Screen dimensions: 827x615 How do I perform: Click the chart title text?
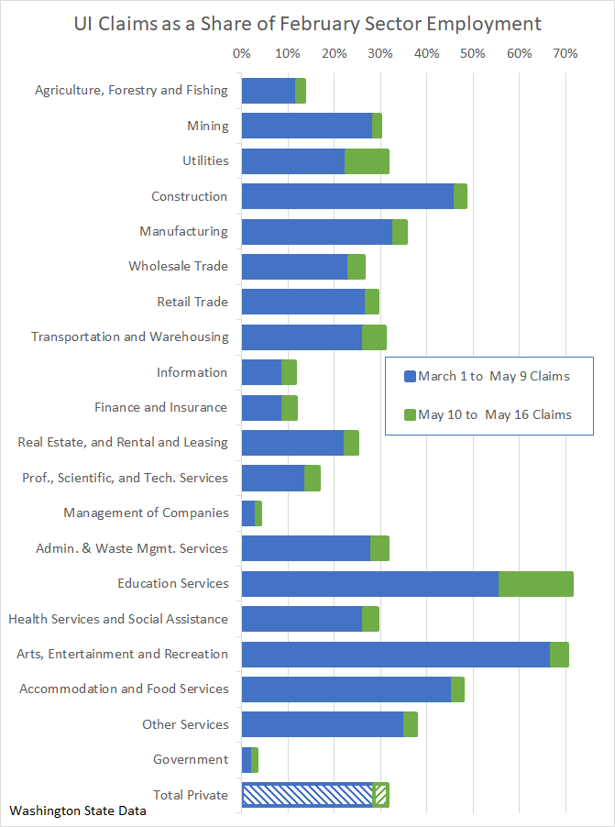click(x=307, y=23)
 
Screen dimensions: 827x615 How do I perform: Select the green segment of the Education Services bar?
click(x=536, y=584)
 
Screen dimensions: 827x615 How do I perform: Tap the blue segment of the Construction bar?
click(x=347, y=196)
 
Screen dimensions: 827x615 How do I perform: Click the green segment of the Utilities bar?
click(x=367, y=161)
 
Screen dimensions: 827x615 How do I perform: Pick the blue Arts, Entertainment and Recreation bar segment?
click(x=395, y=655)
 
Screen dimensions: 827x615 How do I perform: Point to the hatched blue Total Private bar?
click(x=307, y=795)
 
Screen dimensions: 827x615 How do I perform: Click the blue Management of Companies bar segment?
click(x=247, y=513)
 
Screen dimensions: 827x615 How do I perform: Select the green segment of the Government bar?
click(x=255, y=760)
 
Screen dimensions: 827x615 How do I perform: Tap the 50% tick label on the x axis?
click(x=473, y=54)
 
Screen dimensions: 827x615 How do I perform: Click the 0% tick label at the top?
click(x=241, y=54)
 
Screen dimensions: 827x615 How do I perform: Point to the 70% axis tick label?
click(x=566, y=54)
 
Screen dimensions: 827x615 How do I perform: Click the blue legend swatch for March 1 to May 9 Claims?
click(x=410, y=377)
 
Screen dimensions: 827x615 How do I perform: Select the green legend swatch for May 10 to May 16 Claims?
click(x=410, y=415)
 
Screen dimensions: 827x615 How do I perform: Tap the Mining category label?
click(x=207, y=126)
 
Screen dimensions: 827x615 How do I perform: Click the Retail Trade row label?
click(x=192, y=302)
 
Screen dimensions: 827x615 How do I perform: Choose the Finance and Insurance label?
click(x=160, y=407)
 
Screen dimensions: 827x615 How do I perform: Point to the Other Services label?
click(x=185, y=724)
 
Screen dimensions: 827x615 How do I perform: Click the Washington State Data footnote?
click(x=78, y=811)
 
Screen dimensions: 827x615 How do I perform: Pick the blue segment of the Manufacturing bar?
click(x=316, y=232)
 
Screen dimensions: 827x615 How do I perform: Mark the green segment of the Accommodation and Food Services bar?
click(x=457, y=689)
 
